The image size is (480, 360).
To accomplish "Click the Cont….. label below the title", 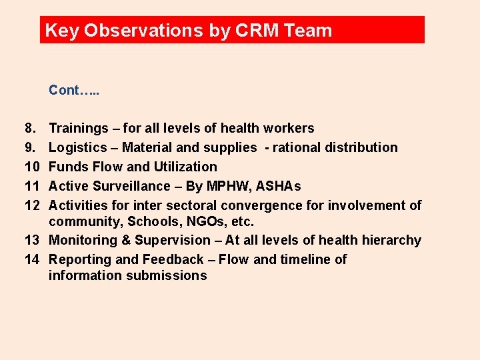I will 74,90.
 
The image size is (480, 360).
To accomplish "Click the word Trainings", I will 79,128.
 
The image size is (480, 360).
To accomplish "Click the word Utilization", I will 186,167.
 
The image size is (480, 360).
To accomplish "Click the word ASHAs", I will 279,186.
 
